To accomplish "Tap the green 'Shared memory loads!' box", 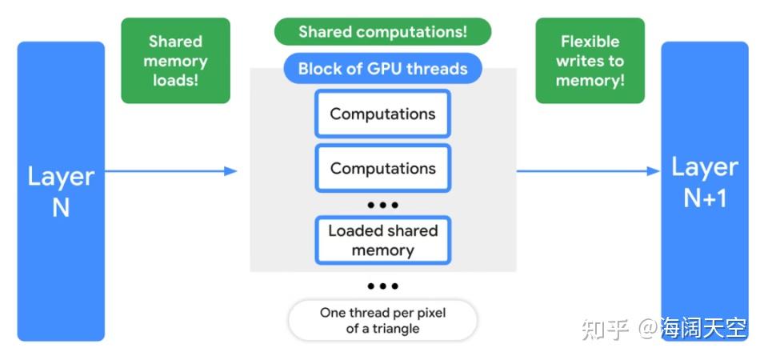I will click(x=175, y=61).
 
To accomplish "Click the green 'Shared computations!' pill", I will click(x=382, y=32).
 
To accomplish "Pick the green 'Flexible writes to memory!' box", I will click(x=590, y=61).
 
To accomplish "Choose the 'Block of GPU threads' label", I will click(x=382, y=69).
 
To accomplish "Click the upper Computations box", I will click(x=382, y=114).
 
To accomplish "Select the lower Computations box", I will click(x=382, y=169).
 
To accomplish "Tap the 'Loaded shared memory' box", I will click(x=382, y=240).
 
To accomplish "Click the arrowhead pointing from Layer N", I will click(x=230, y=170).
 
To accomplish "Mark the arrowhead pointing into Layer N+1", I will click(x=653, y=170).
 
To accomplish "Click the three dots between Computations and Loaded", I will click(x=382, y=205).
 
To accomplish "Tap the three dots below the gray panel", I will click(x=382, y=286).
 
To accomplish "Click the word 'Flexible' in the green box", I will click(x=590, y=42).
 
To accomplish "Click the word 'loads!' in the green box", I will click(x=175, y=81).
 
